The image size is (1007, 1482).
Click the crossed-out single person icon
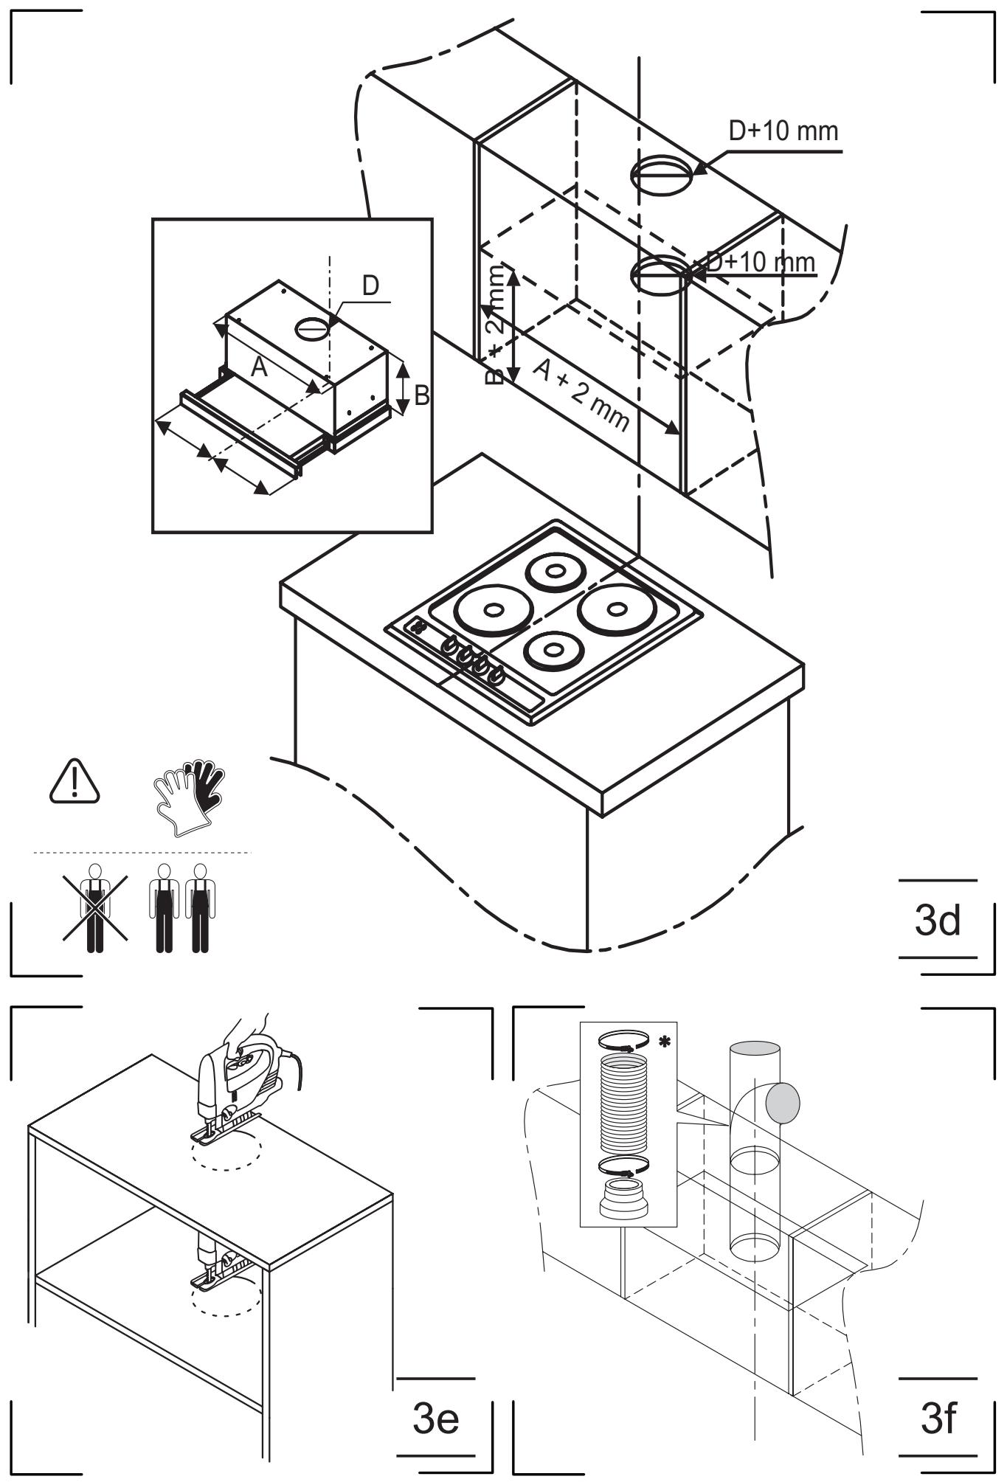94,907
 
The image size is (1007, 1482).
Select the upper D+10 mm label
783,131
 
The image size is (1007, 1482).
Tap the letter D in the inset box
371,285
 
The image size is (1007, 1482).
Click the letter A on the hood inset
258,367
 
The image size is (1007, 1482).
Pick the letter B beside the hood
421,395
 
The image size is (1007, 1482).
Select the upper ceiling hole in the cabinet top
662,175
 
